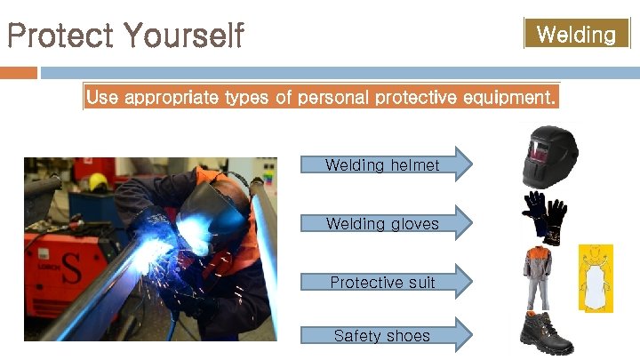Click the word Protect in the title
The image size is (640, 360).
(60, 36)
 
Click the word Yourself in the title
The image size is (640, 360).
(184, 36)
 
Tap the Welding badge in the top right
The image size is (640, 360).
(576, 35)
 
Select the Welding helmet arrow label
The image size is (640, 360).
(382, 164)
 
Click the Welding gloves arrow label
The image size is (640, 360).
(382, 223)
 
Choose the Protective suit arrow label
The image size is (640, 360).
(382, 282)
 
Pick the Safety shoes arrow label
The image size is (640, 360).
(381, 335)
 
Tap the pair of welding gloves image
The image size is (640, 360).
(543, 217)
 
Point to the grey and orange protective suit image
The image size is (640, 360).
(540, 276)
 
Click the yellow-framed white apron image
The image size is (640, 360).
(596, 277)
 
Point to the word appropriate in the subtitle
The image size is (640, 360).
(170, 98)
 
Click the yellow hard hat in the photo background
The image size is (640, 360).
(99, 181)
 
